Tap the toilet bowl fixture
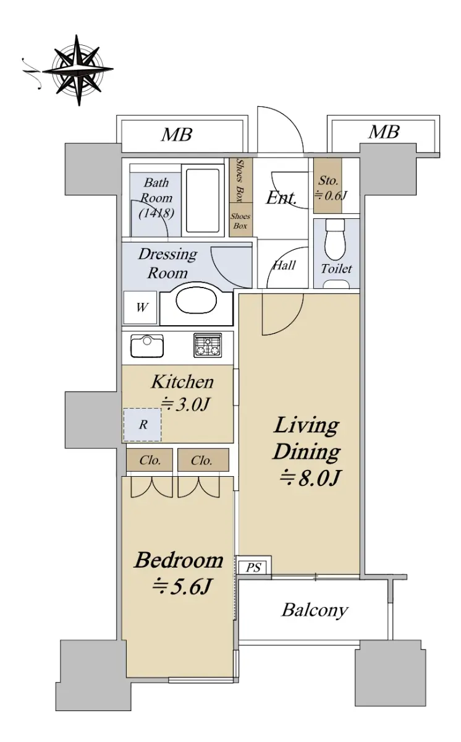pyautogui.click(x=335, y=239)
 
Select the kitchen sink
pyautogui.click(x=147, y=346)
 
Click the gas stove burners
pyautogui.click(x=208, y=345)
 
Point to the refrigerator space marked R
pyautogui.click(x=142, y=425)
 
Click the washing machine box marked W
pyautogui.click(x=140, y=307)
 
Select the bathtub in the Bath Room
pyautogui.click(x=203, y=201)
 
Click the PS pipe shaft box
pyautogui.click(x=254, y=568)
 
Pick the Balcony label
pyautogui.click(x=315, y=610)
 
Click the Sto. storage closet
pyautogui.click(x=328, y=185)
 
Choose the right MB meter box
pyautogui.click(x=384, y=132)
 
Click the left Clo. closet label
pyautogui.click(x=150, y=461)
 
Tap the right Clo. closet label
pyautogui.click(x=201, y=461)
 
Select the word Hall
pyautogui.click(x=284, y=265)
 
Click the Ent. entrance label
pyautogui.click(x=281, y=198)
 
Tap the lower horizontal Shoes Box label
pyautogui.click(x=240, y=221)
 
